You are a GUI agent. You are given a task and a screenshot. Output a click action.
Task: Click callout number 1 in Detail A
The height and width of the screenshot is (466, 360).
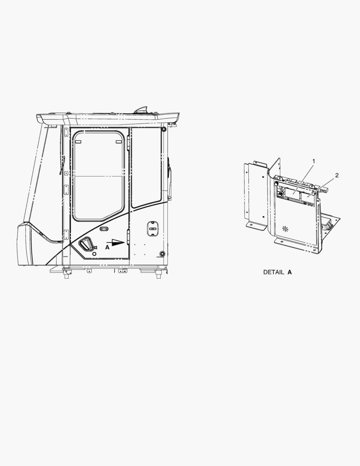[313, 161]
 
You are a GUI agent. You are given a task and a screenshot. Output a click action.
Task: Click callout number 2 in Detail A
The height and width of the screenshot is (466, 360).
[337, 175]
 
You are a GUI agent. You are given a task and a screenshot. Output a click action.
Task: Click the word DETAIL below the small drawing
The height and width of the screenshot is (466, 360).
[274, 272]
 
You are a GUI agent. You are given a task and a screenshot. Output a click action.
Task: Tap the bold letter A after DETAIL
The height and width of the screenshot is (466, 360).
[290, 272]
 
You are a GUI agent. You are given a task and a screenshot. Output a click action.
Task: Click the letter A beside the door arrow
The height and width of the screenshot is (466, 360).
[107, 247]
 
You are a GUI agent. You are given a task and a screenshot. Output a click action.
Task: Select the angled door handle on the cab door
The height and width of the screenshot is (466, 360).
[86, 244]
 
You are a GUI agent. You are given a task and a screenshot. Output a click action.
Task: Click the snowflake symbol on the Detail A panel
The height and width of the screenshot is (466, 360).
[285, 229]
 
